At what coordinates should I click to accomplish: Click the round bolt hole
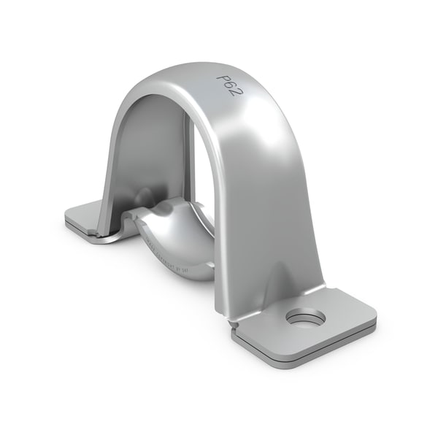(305, 317)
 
